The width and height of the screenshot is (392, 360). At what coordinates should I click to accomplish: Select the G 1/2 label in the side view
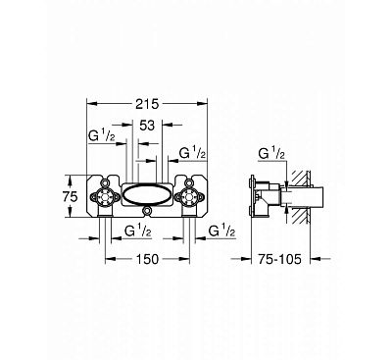click(x=270, y=153)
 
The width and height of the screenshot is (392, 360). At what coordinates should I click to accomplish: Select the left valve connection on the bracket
click(x=105, y=195)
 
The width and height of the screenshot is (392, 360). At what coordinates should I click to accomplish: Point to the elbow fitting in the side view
click(x=262, y=201)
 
